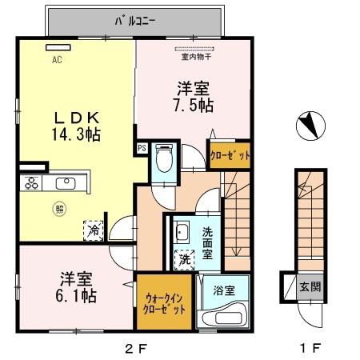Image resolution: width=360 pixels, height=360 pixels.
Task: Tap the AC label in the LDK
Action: pos(57,59)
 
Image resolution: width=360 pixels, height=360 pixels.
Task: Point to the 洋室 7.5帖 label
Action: pos(192,95)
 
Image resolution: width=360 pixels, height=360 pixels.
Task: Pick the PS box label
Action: pos(142,148)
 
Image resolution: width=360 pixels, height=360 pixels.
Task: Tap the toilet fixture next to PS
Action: pos(164,159)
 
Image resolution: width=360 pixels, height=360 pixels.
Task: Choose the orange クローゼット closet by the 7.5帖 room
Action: pos(230,154)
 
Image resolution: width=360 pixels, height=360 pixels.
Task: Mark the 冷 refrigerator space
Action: pos(94,230)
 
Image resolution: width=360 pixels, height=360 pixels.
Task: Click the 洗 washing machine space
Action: pos(185,259)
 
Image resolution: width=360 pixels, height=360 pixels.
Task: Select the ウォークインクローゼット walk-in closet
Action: pos(163,303)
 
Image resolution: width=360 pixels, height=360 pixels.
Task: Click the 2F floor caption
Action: pos(134,348)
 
